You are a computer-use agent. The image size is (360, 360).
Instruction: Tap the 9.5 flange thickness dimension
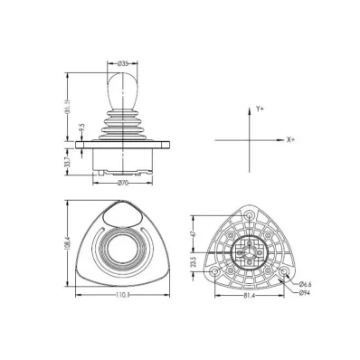click(81, 129)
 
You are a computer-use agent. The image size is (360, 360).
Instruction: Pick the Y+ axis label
click(260, 109)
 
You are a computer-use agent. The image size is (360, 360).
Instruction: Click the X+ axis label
click(290, 141)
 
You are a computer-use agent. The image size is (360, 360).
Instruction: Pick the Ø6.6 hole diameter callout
click(307, 283)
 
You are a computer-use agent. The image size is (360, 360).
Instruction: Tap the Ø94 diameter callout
click(306, 292)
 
